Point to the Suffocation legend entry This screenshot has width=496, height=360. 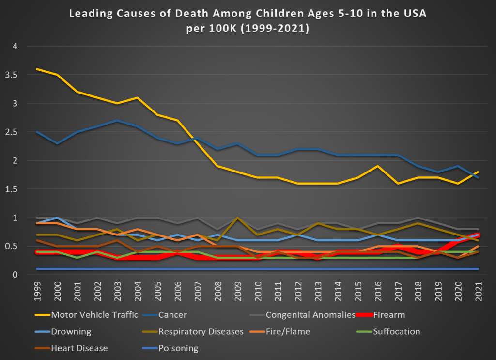pyautogui.click(x=396, y=332)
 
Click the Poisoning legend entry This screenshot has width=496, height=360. pyautogui.click(x=179, y=348)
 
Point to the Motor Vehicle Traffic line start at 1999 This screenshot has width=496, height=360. pyautogui.click(x=38, y=69)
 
